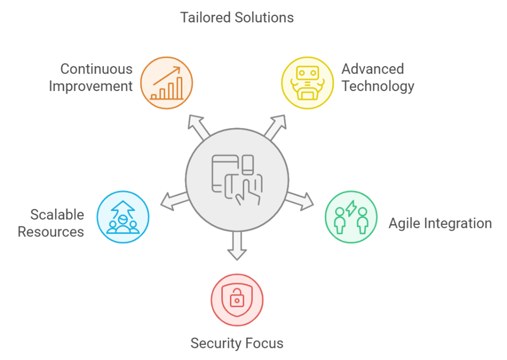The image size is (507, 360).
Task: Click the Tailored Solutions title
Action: point(237,18)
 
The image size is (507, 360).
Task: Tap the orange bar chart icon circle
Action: point(167,83)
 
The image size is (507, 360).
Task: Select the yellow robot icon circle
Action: point(307,83)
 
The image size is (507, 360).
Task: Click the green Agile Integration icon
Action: point(351,218)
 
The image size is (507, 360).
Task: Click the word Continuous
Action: point(97,69)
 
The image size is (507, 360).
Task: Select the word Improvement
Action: point(91,86)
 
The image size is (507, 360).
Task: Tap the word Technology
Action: point(377,86)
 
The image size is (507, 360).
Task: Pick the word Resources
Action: point(51,232)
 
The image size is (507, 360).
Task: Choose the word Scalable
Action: point(57,215)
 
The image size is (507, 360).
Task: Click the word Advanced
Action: point(372,69)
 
